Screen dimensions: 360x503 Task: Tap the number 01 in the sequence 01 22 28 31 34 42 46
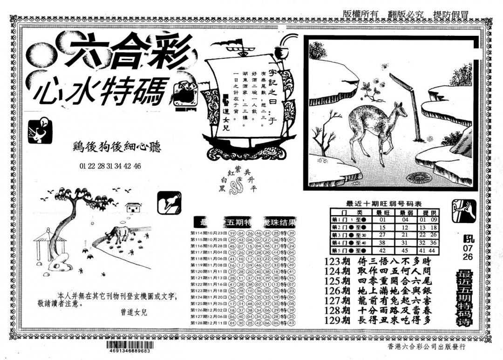tap(83, 166)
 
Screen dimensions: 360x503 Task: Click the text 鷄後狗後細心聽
tap(116, 148)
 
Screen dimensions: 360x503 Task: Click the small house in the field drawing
tap(134, 207)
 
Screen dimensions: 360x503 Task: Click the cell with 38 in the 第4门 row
tap(382, 242)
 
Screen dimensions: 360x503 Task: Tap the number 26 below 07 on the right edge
tap(468, 257)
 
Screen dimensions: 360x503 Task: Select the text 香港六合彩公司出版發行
tap(426, 347)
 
